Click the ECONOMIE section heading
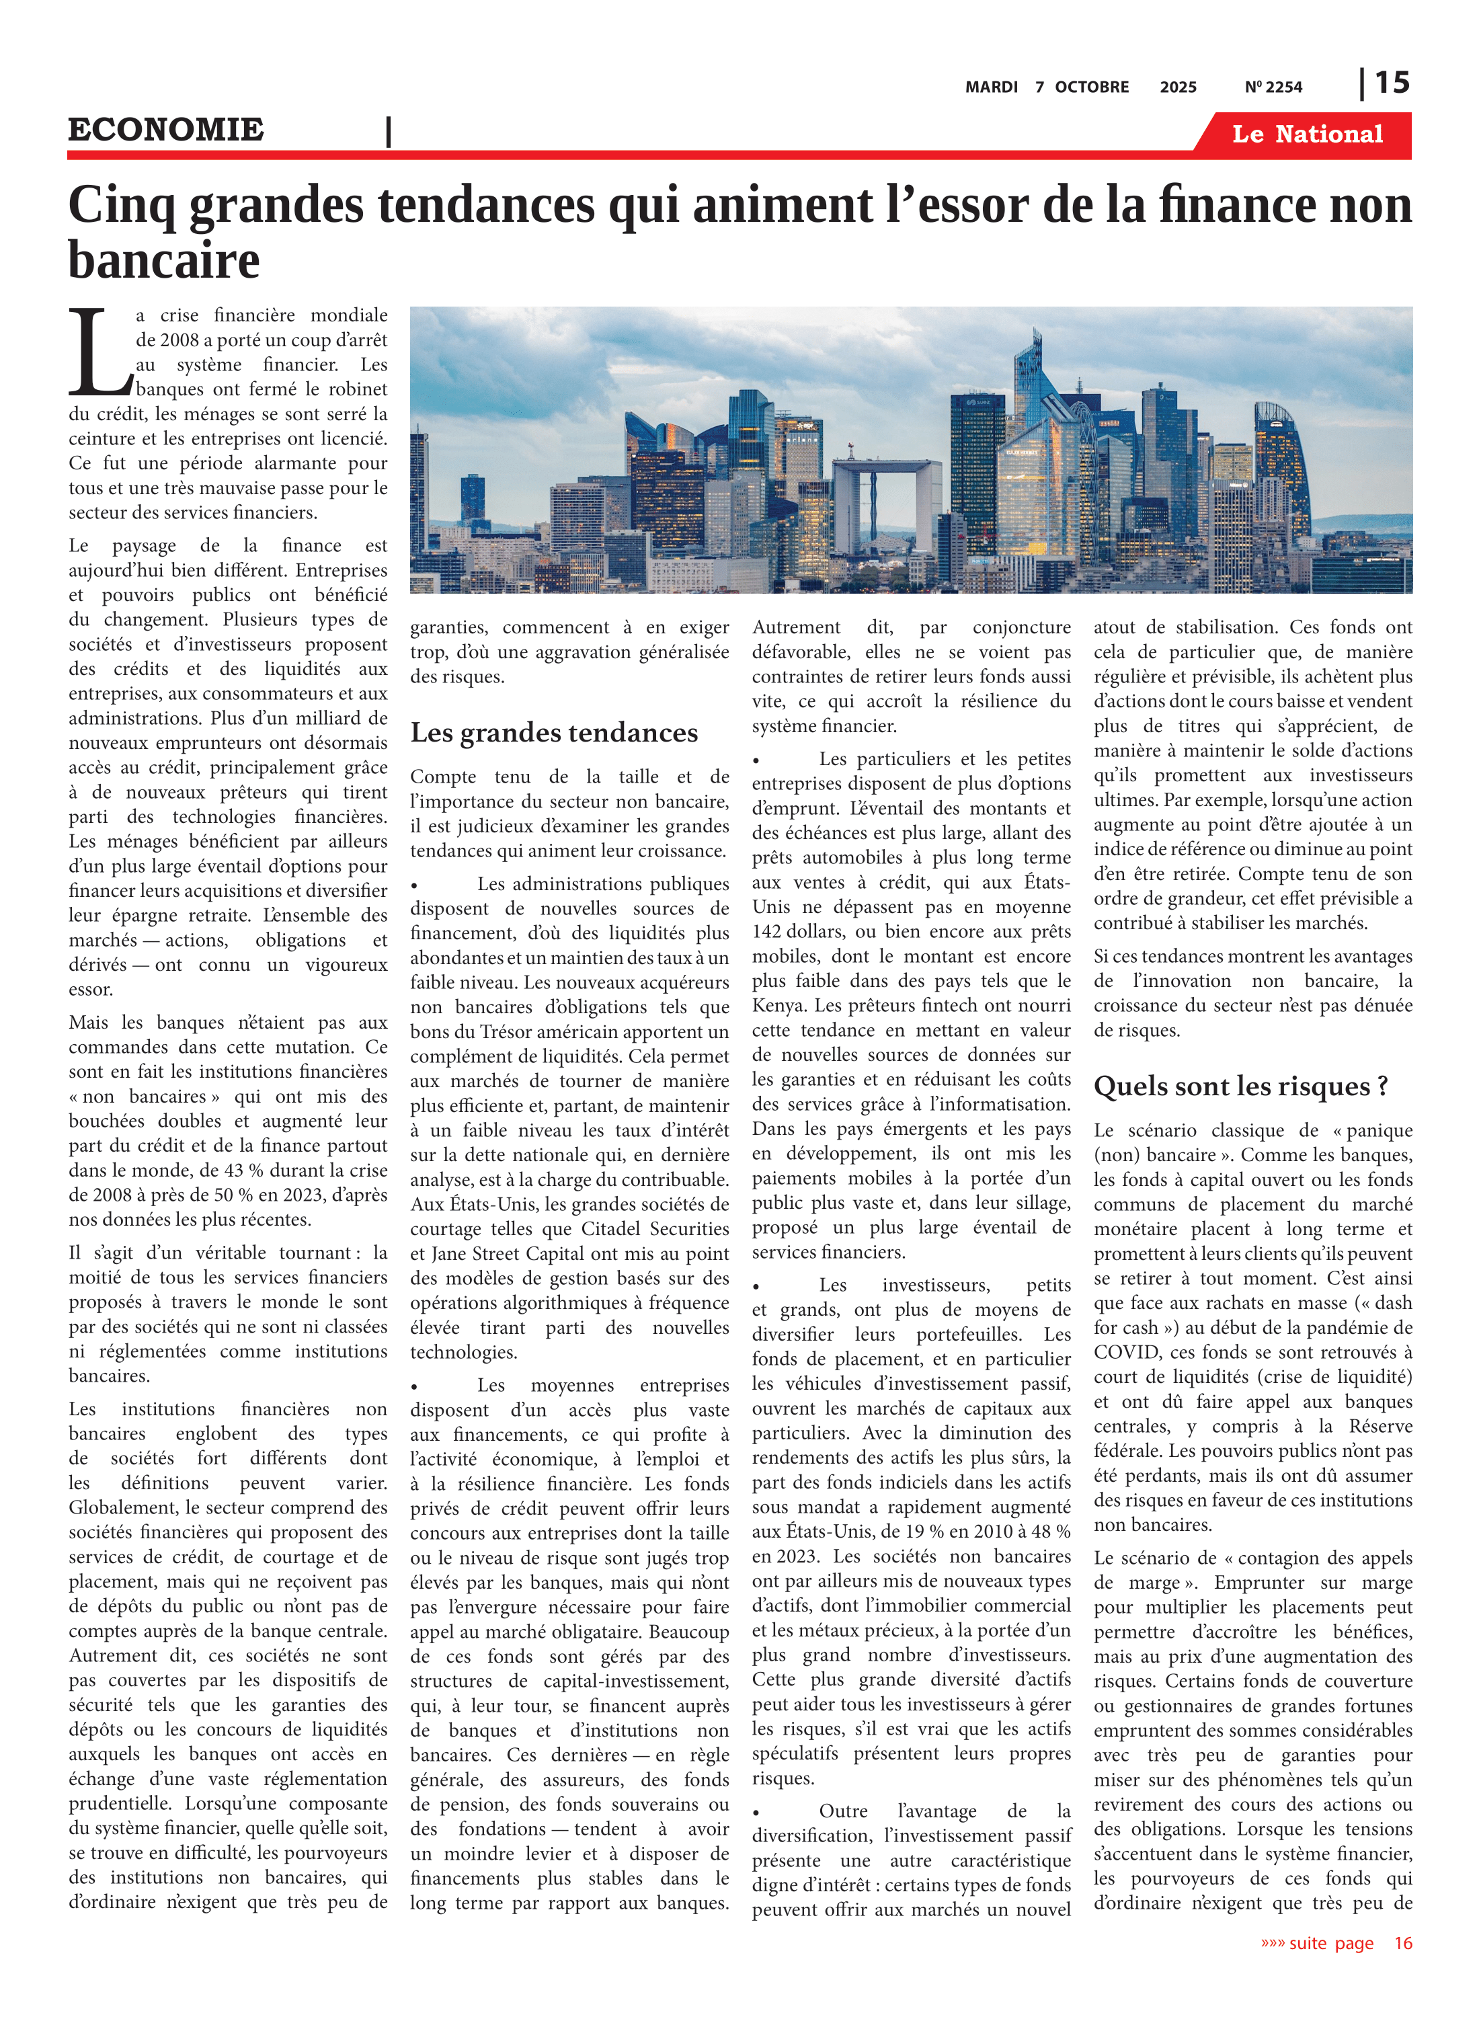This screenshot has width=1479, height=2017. [165, 129]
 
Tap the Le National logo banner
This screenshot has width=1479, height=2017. [1306, 134]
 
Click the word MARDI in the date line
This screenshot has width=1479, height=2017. [991, 87]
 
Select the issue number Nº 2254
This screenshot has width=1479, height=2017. [1273, 87]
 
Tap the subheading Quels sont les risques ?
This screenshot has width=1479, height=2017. [1240, 1086]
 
